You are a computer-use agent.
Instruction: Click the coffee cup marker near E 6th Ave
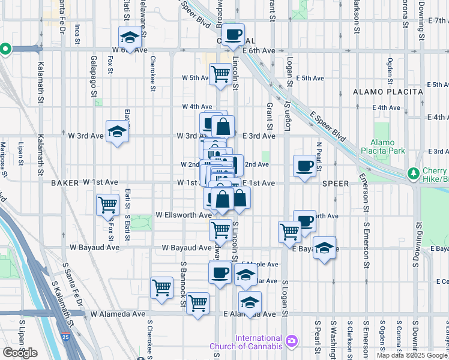(x=234, y=35)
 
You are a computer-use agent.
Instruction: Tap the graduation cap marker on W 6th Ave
(x=129, y=38)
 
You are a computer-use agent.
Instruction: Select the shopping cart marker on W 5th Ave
(x=220, y=74)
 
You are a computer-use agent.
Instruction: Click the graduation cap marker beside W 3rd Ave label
(x=118, y=132)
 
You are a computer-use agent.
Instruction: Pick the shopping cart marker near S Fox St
(x=107, y=205)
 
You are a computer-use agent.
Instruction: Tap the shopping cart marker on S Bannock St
(x=161, y=288)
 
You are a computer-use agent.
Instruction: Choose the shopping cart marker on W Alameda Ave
(x=197, y=304)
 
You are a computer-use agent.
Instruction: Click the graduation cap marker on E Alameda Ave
(x=250, y=302)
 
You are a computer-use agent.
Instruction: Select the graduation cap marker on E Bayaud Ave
(x=324, y=248)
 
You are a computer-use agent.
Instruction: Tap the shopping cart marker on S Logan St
(x=290, y=232)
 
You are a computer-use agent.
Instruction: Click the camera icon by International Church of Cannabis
(x=292, y=341)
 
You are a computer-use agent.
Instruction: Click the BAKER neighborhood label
(x=65, y=182)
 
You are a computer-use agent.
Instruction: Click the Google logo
(x=20, y=353)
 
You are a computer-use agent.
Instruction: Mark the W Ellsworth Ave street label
(x=183, y=214)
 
